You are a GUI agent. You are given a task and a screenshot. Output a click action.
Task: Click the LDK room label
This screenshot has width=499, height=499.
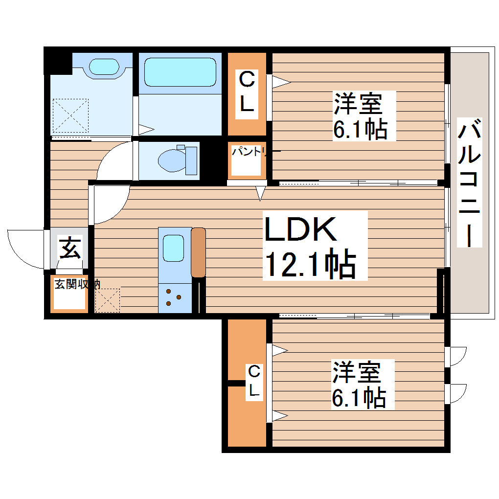[x=300, y=229]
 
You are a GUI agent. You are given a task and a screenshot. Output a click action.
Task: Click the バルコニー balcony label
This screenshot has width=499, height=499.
[x=470, y=182]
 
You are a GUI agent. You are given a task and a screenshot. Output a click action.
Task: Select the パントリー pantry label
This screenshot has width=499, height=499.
[x=248, y=152]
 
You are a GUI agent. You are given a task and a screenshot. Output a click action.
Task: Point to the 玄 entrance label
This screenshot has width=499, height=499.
[x=69, y=248]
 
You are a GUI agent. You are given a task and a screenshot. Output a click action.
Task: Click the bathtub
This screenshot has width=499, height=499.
[x=181, y=73]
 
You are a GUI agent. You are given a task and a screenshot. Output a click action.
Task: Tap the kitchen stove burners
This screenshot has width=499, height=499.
[x=172, y=297]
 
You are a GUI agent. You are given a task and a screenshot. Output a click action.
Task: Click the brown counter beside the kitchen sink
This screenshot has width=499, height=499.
[x=198, y=252]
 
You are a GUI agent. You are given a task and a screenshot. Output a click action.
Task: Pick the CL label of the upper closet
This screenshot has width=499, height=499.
[x=247, y=93]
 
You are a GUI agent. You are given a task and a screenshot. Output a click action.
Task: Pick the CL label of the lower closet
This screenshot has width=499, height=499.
[x=253, y=382]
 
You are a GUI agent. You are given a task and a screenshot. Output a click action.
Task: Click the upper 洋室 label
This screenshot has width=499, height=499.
[x=358, y=104]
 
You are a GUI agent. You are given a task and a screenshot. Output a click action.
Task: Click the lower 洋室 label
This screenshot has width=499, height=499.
[x=357, y=372]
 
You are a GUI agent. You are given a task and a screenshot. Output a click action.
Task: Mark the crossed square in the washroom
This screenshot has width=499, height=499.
[x=70, y=115]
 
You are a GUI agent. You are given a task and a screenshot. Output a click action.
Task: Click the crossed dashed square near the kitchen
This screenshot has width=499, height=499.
[x=107, y=300]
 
